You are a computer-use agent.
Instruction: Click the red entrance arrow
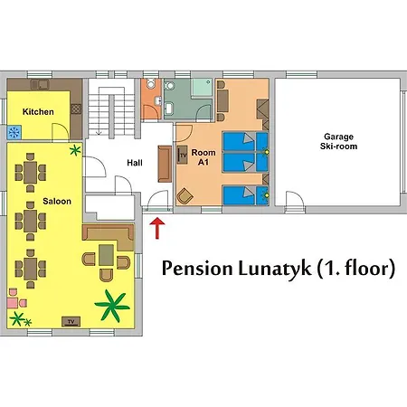[158, 227]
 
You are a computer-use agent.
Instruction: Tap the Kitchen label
[38, 111]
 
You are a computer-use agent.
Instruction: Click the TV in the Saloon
[70, 320]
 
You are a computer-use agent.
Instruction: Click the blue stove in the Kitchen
[15, 131]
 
